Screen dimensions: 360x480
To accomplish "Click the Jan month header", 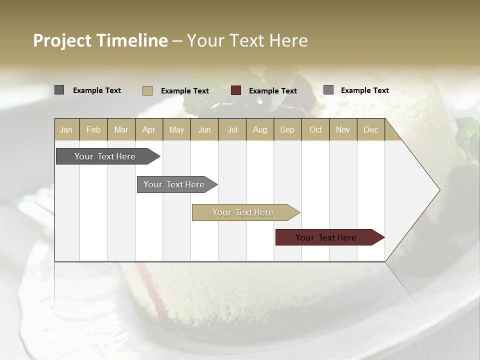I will (66, 129).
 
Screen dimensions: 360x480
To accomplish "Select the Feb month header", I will (93, 129).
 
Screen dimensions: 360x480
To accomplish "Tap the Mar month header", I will (121, 129).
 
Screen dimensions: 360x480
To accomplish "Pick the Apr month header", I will (148, 129).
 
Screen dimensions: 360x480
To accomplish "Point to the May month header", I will (176, 129).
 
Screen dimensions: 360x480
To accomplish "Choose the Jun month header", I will (204, 129).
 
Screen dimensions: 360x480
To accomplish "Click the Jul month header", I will (232, 129).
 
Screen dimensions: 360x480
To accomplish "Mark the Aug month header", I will (260, 129).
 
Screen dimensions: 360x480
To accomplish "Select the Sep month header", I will (287, 129).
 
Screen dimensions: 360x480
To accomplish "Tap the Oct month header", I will (315, 129).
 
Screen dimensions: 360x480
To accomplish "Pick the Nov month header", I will (343, 129).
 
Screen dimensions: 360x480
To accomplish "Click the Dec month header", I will (370, 129).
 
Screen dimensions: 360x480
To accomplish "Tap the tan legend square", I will (147, 90).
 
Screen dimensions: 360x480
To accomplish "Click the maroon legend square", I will (236, 90).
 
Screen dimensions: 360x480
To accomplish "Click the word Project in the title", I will (62, 40).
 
